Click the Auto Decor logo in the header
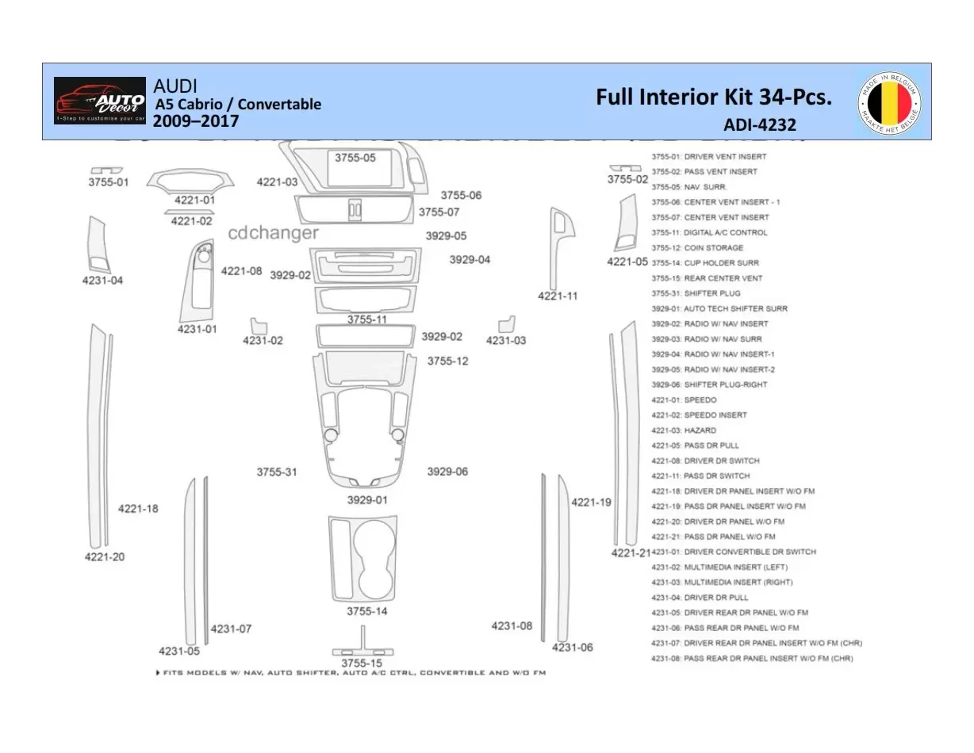[x=100, y=101]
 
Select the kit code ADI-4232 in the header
[x=759, y=124]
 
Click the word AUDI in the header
[x=175, y=86]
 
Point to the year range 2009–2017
[x=195, y=121]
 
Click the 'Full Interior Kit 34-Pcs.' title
[x=714, y=97]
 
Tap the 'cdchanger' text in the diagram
[x=273, y=233]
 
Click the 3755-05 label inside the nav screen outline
[x=355, y=158]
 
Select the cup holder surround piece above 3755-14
[x=362, y=557]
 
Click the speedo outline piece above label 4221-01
[x=192, y=180]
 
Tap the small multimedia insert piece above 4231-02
[x=259, y=326]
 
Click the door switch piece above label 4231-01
[x=197, y=281]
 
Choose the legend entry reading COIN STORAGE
[x=697, y=248]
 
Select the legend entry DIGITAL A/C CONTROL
[x=709, y=233]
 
